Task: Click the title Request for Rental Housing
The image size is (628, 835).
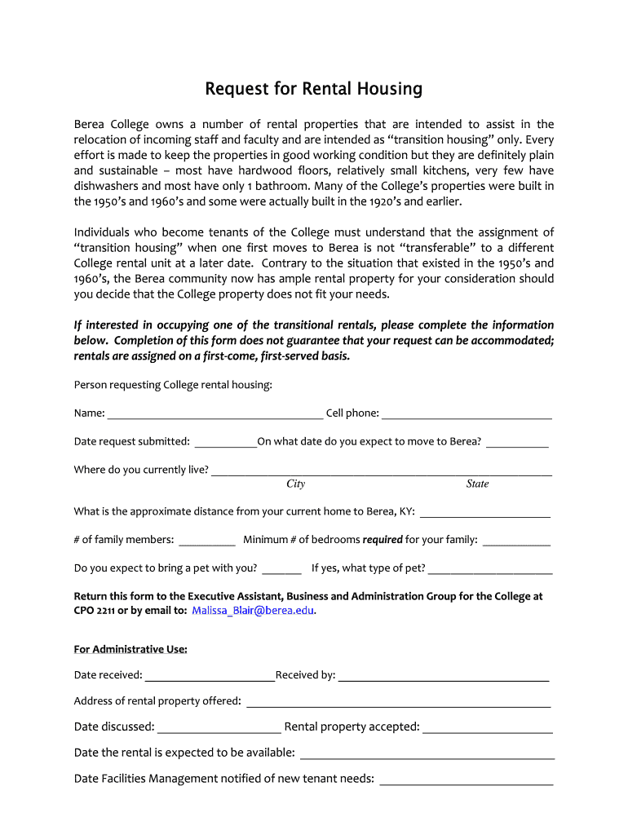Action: pyautogui.click(x=313, y=88)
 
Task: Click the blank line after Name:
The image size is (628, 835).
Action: pyautogui.click(x=215, y=413)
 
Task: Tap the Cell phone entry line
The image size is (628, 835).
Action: pyautogui.click(x=467, y=413)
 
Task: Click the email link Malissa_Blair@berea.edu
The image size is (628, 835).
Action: pyautogui.click(x=253, y=611)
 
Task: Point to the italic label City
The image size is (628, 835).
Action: pyautogui.click(x=295, y=484)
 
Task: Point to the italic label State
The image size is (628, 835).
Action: pyautogui.click(x=477, y=484)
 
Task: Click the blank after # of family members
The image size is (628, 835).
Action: pyautogui.click(x=206, y=540)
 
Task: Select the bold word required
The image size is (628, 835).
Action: pyautogui.click(x=382, y=540)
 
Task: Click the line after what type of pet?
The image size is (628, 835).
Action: pyautogui.click(x=490, y=568)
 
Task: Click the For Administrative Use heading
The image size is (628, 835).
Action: pyautogui.click(x=130, y=649)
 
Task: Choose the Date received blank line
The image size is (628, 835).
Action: pyautogui.click(x=210, y=675)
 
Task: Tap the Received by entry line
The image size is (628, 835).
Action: pyautogui.click(x=443, y=675)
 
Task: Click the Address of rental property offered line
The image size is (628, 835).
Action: pyautogui.click(x=398, y=701)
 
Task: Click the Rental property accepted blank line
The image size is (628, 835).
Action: pyautogui.click(x=488, y=727)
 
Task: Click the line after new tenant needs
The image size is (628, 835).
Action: pyautogui.click(x=467, y=779)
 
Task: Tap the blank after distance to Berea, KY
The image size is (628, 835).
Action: pyautogui.click(x=484, y=512)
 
